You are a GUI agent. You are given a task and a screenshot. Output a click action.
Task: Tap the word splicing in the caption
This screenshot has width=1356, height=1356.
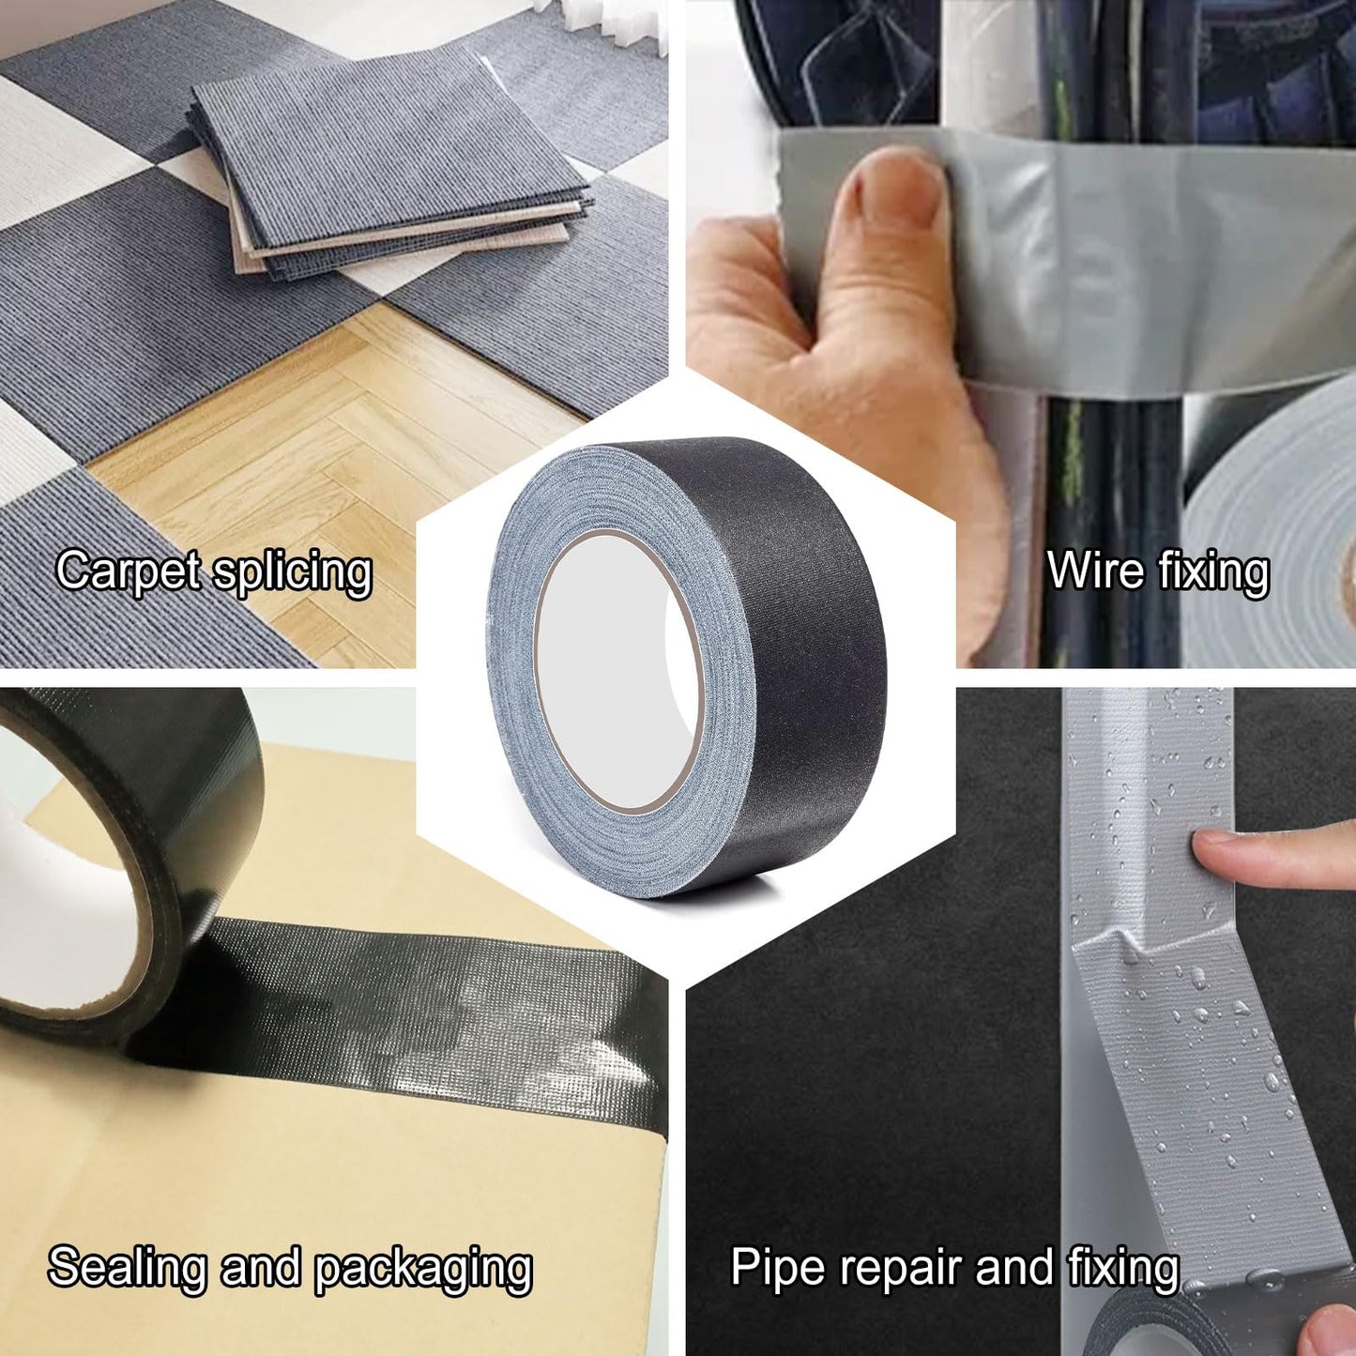coord(293,572)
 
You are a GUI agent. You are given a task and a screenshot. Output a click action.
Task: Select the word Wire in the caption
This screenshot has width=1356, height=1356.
coord(1082,571)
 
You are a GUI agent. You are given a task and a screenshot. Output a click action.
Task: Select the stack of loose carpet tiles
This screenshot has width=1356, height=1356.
coord(394,169)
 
